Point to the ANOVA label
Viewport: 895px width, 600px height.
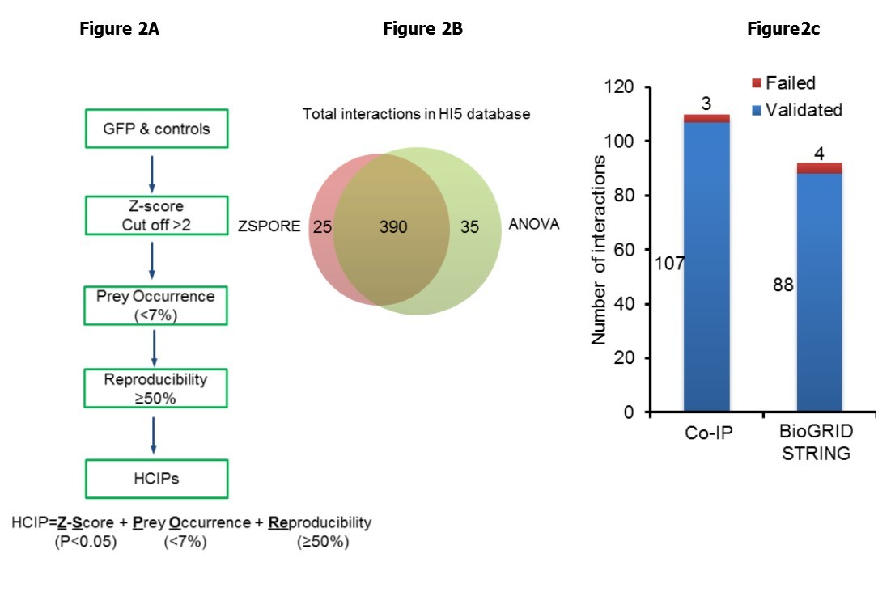533,224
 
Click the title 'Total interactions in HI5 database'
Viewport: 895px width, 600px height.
416,114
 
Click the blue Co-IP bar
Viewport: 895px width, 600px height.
707,267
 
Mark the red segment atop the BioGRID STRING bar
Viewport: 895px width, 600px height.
819,168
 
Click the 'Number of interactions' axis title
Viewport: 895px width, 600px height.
600,251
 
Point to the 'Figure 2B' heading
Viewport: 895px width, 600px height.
422,30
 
